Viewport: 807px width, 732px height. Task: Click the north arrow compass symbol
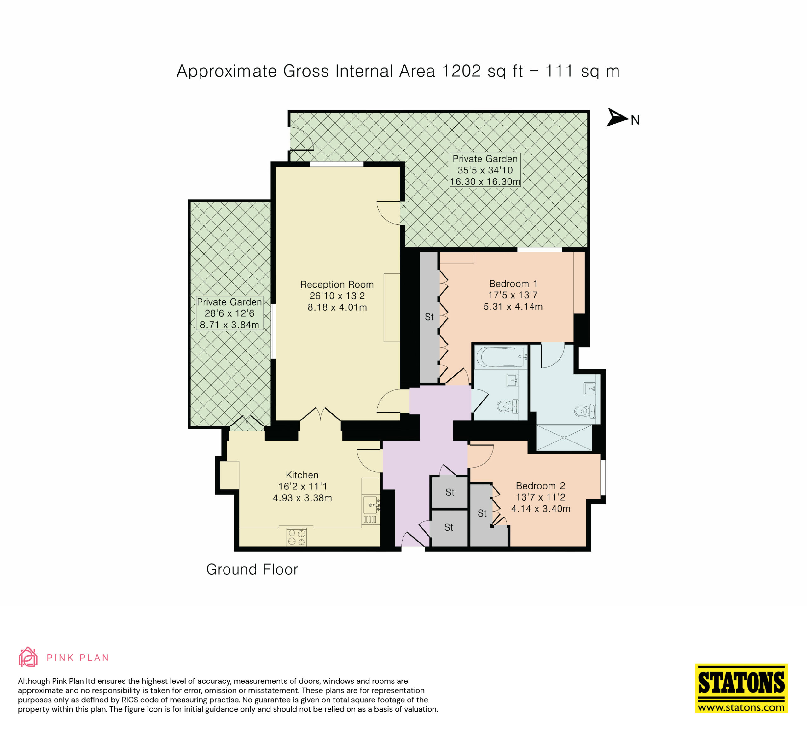point(617,117)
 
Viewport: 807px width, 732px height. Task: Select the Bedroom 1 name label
point(513,284)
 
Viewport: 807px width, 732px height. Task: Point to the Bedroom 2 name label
point(540,486)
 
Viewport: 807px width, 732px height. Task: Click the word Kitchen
point(302,475)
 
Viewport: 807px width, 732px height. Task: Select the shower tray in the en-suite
point(564,438)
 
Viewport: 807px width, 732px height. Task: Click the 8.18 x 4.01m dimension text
point(337,307)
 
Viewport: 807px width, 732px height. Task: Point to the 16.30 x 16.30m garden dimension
point(485,182)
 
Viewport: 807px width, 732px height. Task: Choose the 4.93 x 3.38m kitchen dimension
point(302,498)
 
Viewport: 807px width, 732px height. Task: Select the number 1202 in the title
point(462,71)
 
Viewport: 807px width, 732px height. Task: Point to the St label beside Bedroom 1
point(429,317)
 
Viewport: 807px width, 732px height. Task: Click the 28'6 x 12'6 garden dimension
point(229,313)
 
